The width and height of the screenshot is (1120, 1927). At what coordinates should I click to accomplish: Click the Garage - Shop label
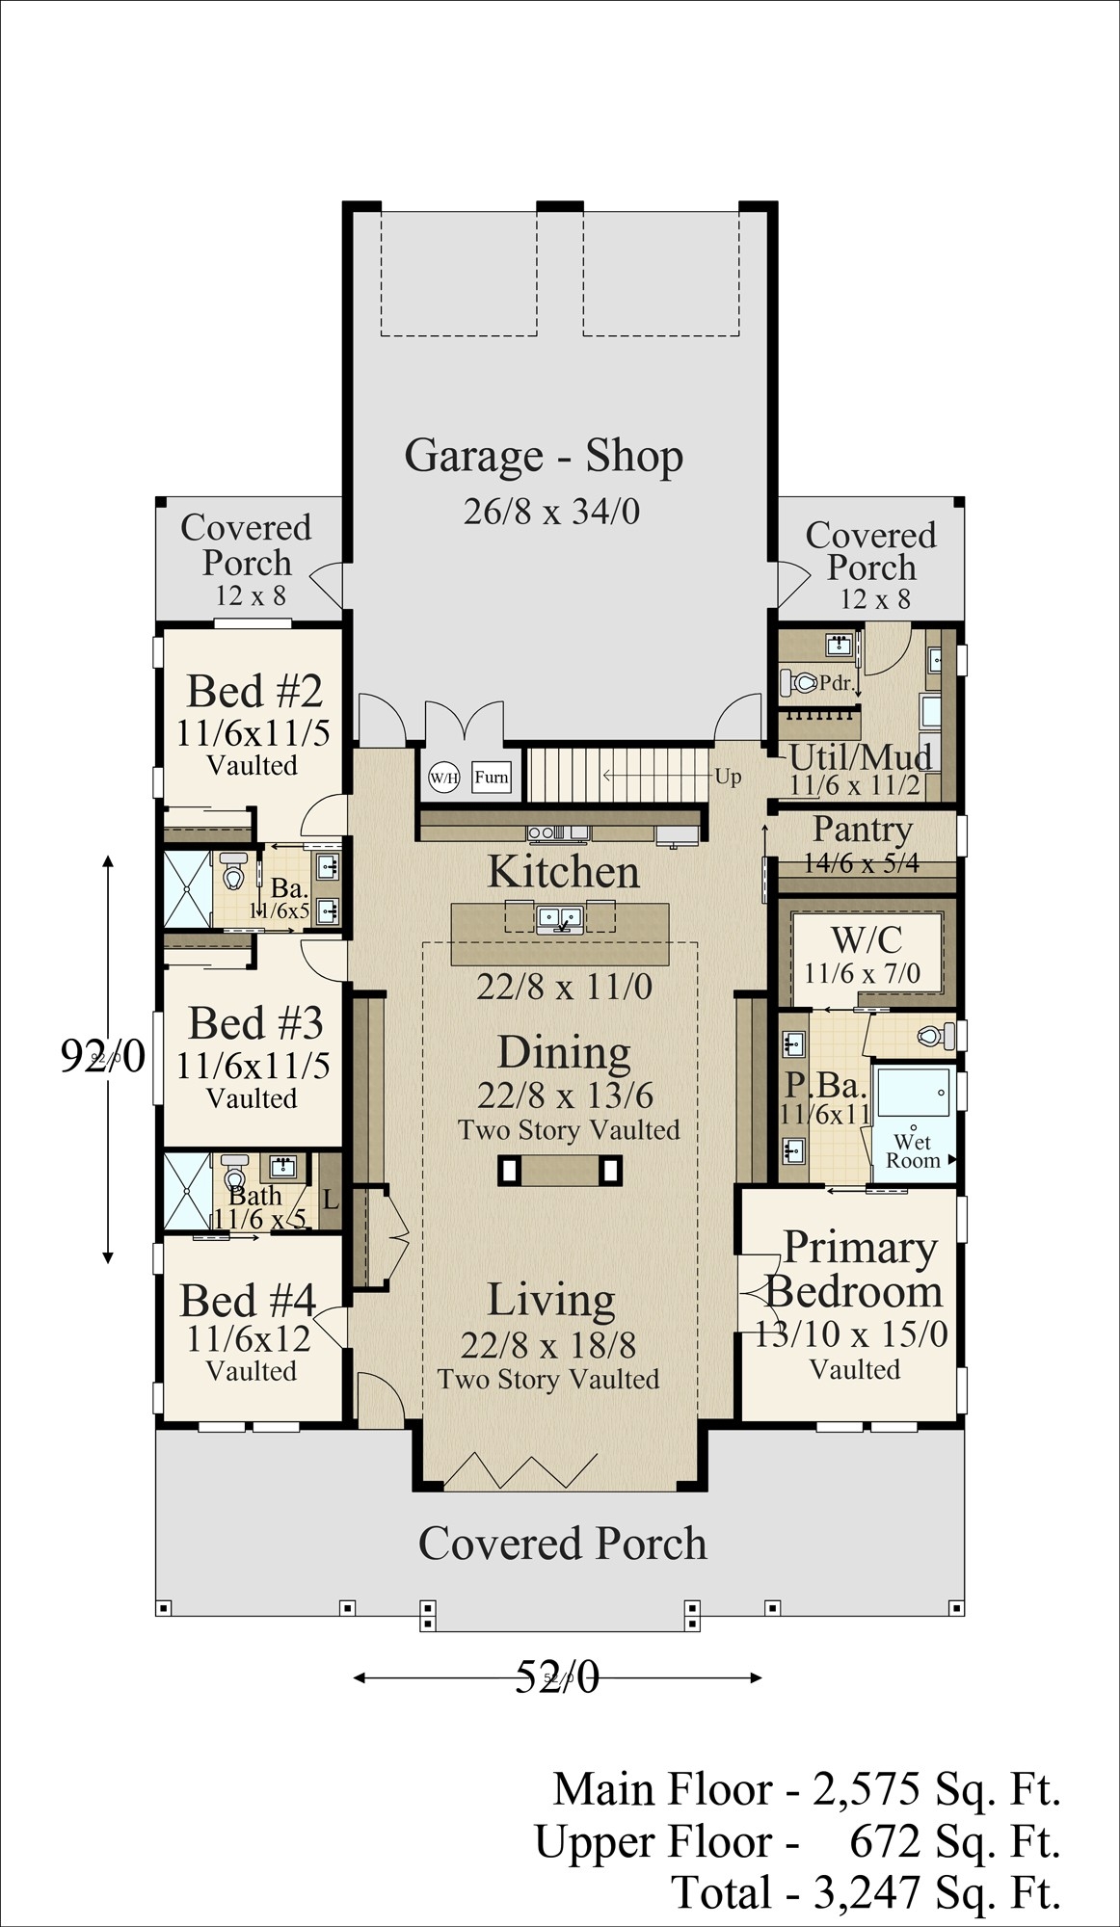(x=544, y=456)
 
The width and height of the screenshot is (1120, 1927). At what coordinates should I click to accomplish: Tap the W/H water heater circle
(x=443, y=778)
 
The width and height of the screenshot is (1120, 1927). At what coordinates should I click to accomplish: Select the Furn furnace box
(x=492, y=778)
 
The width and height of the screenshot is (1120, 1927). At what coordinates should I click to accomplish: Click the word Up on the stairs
(x=728, y=776)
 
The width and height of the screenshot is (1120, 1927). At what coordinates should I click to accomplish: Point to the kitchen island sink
(x=559, y=918)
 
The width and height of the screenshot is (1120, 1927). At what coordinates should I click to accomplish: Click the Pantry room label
(x=862, y=830)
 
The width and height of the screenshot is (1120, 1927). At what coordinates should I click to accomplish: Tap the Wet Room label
(x=912, y=1151)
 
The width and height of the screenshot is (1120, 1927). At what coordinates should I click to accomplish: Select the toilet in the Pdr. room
(x=800, y=683)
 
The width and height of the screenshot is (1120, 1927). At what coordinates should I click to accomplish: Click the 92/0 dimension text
(x=102, y=1056)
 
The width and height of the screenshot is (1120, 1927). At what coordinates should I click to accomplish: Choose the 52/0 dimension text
(x=557, y=1676)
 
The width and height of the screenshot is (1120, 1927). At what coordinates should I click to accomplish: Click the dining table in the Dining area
(x=559, y=1171)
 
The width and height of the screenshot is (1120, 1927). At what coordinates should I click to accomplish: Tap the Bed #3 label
(x=255, y=1023)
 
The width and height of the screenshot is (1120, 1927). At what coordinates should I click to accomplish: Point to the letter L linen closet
(x=331, y=1201)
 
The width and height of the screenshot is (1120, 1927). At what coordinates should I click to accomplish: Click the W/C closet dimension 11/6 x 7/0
(x=862, y=973)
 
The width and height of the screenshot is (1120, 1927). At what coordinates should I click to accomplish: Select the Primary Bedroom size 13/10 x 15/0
(x=852, y=1334)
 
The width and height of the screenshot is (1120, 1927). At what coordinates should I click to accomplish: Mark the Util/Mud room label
(x=860, y=757)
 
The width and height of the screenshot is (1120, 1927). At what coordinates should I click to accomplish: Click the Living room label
(x=550, y=1300)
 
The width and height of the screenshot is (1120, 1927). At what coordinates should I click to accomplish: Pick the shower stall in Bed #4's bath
(x=187, y=1191)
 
